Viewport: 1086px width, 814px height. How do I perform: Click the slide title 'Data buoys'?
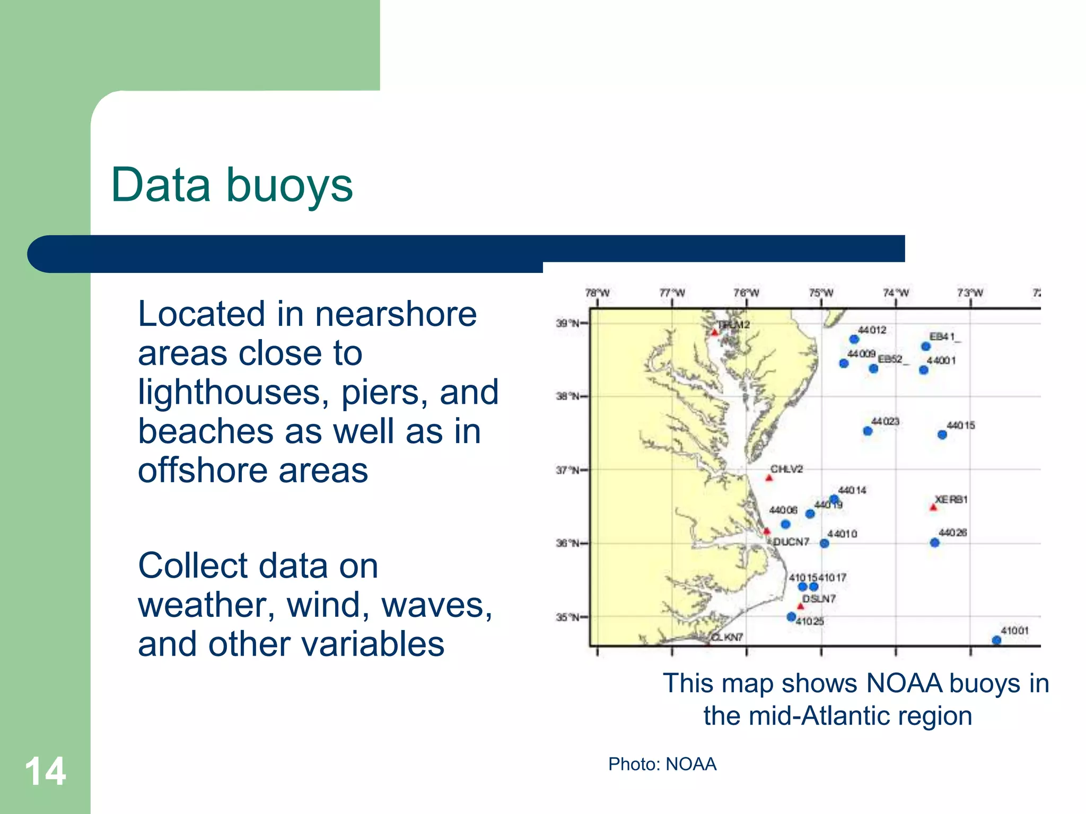coord(232,185)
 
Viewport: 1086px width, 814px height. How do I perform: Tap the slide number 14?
coord(45,772)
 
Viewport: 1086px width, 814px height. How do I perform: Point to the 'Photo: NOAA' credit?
coord(662,764)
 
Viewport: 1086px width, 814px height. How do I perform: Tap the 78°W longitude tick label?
coord(597,293)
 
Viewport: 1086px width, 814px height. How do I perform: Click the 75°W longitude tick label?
coord(821,293)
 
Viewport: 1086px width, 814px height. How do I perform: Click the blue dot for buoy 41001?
coord(996,640)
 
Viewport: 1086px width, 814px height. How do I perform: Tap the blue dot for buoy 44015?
coord(942,435)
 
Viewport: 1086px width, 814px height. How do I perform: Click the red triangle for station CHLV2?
coord(769,478)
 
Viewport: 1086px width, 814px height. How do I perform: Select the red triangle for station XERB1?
coord(933,508)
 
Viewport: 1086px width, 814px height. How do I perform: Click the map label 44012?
coord(872,330)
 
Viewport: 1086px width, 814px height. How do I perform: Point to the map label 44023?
coord(885,421)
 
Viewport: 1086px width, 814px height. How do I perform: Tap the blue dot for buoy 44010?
coord(824,543)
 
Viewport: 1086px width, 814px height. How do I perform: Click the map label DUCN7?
coord(791,542)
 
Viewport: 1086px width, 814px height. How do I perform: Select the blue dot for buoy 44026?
coord(935,543)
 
